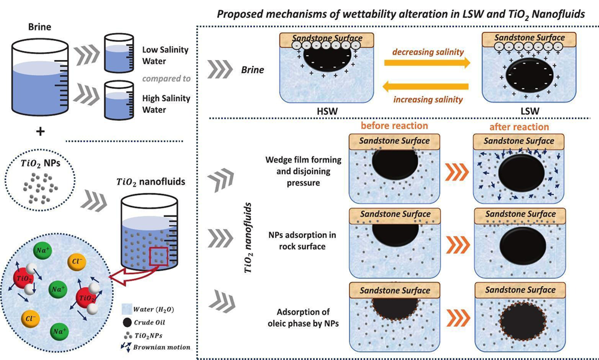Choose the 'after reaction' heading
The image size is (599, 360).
[x=519, y=127]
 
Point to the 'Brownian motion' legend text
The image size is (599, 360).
[x=164, y=347]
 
